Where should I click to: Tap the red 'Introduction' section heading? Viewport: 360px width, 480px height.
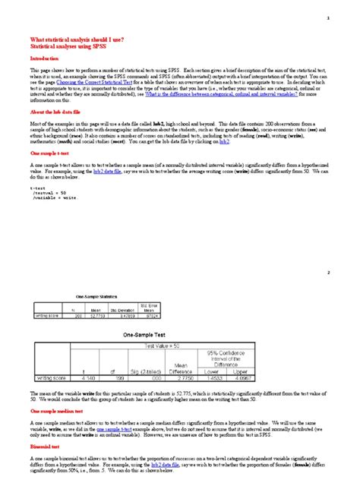(44, 58)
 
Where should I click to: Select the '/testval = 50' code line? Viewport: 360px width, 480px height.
(50, 193)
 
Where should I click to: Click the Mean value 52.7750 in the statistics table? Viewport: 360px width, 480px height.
(96, 314)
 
